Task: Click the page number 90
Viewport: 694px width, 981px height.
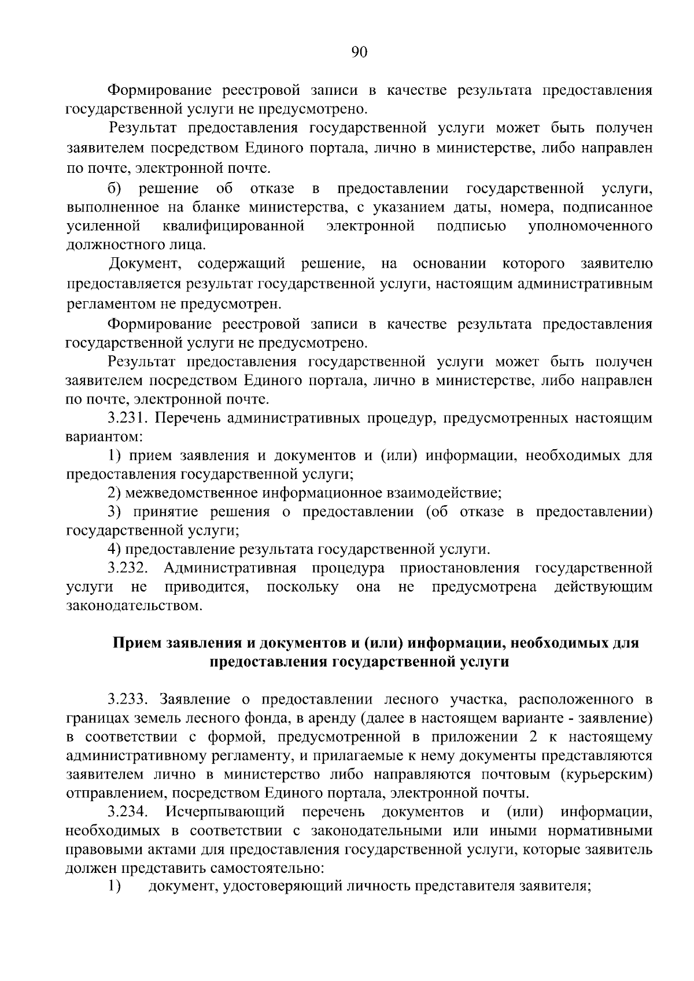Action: (359, 53)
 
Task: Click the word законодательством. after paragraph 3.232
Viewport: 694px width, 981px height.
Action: (135, 606)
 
